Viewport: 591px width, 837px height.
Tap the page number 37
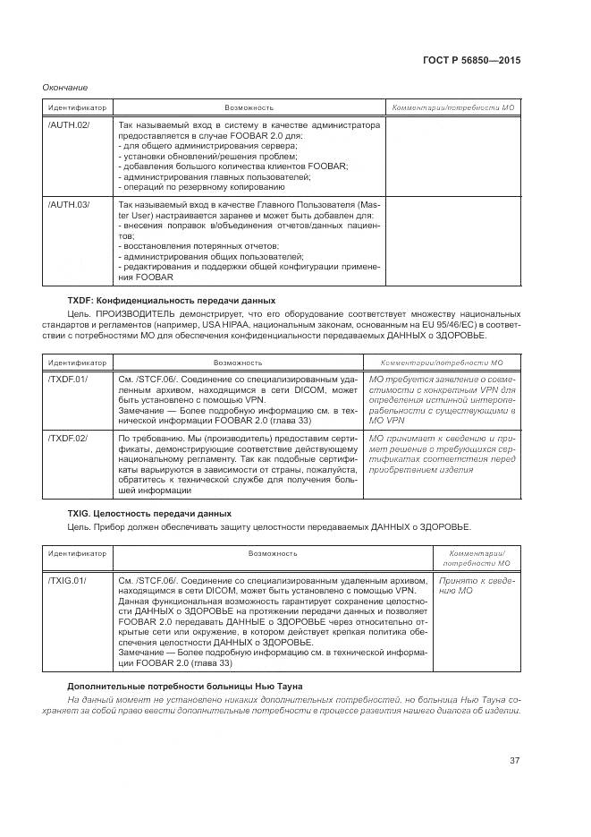514,760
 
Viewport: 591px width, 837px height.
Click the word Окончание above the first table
65,87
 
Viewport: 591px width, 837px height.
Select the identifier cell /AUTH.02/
69,124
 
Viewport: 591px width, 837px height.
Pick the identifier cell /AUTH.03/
69,205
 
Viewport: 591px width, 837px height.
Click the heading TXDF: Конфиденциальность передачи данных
172,300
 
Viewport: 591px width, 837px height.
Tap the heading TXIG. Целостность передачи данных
149,514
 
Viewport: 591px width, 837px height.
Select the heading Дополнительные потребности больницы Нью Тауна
185,687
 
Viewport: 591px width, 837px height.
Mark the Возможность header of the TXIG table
273,553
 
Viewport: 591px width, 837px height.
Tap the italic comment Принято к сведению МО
475,585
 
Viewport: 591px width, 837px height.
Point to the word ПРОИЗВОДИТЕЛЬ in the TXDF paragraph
146,314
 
